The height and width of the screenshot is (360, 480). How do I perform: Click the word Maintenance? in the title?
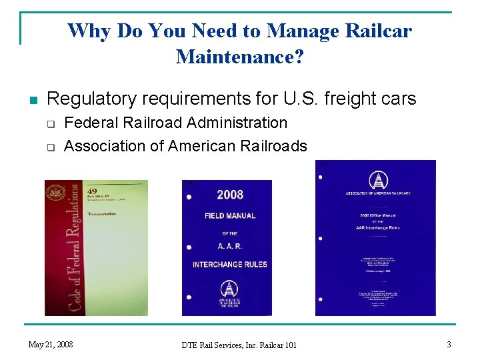click(x=240, y=57)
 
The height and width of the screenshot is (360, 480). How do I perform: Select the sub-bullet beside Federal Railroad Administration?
click(x=49, y=124)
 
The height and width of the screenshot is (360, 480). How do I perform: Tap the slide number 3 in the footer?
click(x=449, y=344)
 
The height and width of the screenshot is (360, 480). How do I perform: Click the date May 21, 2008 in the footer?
click(x=51, y=344)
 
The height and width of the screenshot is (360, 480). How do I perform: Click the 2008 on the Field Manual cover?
click(x=230, y=195)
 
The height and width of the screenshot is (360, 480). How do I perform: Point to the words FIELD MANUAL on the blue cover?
click(x=230, y=215)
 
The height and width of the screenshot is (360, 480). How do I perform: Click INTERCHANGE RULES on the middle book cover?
click(x=230, y=265)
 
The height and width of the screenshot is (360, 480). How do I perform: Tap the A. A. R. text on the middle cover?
click(x=230, y=245)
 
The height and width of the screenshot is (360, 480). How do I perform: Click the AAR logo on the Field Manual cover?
click(x=230, y=291)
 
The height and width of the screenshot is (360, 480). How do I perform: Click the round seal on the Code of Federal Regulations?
click(x=55, y=195)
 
